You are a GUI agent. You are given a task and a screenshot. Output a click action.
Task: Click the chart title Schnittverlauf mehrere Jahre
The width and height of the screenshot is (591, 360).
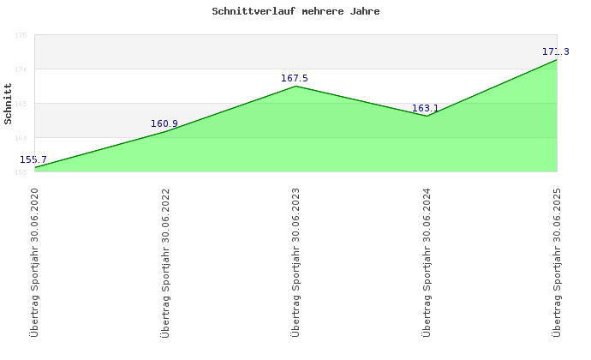pyautogui.click(x=295, y=13)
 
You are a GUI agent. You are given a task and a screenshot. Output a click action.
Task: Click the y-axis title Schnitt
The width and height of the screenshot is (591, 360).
pyautogui.click(x=8, y=103)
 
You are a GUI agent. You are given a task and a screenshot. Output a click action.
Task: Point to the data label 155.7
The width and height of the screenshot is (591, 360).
pyautogui.click(x=33, y=159)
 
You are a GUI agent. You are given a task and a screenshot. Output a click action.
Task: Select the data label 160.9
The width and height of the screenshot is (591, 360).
pyautogui.click(x=164, y=124)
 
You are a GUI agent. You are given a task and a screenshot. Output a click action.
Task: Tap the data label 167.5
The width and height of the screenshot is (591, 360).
pyautogui.click(x=295, y=79)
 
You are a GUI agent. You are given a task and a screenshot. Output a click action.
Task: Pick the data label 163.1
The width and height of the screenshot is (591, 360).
pyautogui.click(x=425, y=109)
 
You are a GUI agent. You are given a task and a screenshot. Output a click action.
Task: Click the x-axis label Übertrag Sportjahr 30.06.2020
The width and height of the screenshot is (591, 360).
pyautogui.click(x=34, y=261)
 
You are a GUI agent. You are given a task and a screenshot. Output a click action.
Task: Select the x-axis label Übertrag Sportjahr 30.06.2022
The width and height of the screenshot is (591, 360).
pyautogui.click(x=165, y=261)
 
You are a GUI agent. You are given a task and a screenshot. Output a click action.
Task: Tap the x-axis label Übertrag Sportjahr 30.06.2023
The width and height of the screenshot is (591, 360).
pyautogui.click(x=295, y=261)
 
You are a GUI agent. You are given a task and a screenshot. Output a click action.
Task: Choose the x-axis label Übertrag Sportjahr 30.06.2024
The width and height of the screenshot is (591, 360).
pyautogui.click(x=427, y=261)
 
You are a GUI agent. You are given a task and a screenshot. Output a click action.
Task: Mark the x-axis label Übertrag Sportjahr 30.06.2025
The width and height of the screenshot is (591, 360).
pyautogui.click(x=558, y=261)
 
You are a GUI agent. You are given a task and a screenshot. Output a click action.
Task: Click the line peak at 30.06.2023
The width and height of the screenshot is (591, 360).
pyautogui.click(x=295, y=86)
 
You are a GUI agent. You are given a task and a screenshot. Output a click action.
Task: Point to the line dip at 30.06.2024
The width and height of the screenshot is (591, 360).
pyautogui.click(x=427, y=116)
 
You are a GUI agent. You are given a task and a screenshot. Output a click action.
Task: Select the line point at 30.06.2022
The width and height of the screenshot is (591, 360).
pyautogui.click(x=165, y=131)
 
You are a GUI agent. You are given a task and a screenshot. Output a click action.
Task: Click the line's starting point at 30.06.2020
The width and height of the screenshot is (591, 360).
pyautogui.click(x=35, y=167)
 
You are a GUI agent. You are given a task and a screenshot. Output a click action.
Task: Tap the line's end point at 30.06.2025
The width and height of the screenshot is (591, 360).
pyautogui.click(x=557, y=60)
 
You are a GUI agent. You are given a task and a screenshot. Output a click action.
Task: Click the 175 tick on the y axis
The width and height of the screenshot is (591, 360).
pyautogui.click(x=21, y=35)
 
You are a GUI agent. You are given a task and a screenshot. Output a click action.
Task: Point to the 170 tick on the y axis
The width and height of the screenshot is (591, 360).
pyautogui.click(x=21, y=69)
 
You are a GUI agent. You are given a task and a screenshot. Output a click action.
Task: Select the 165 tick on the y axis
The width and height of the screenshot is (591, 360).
pyautogui.click(x=21, y=104)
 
